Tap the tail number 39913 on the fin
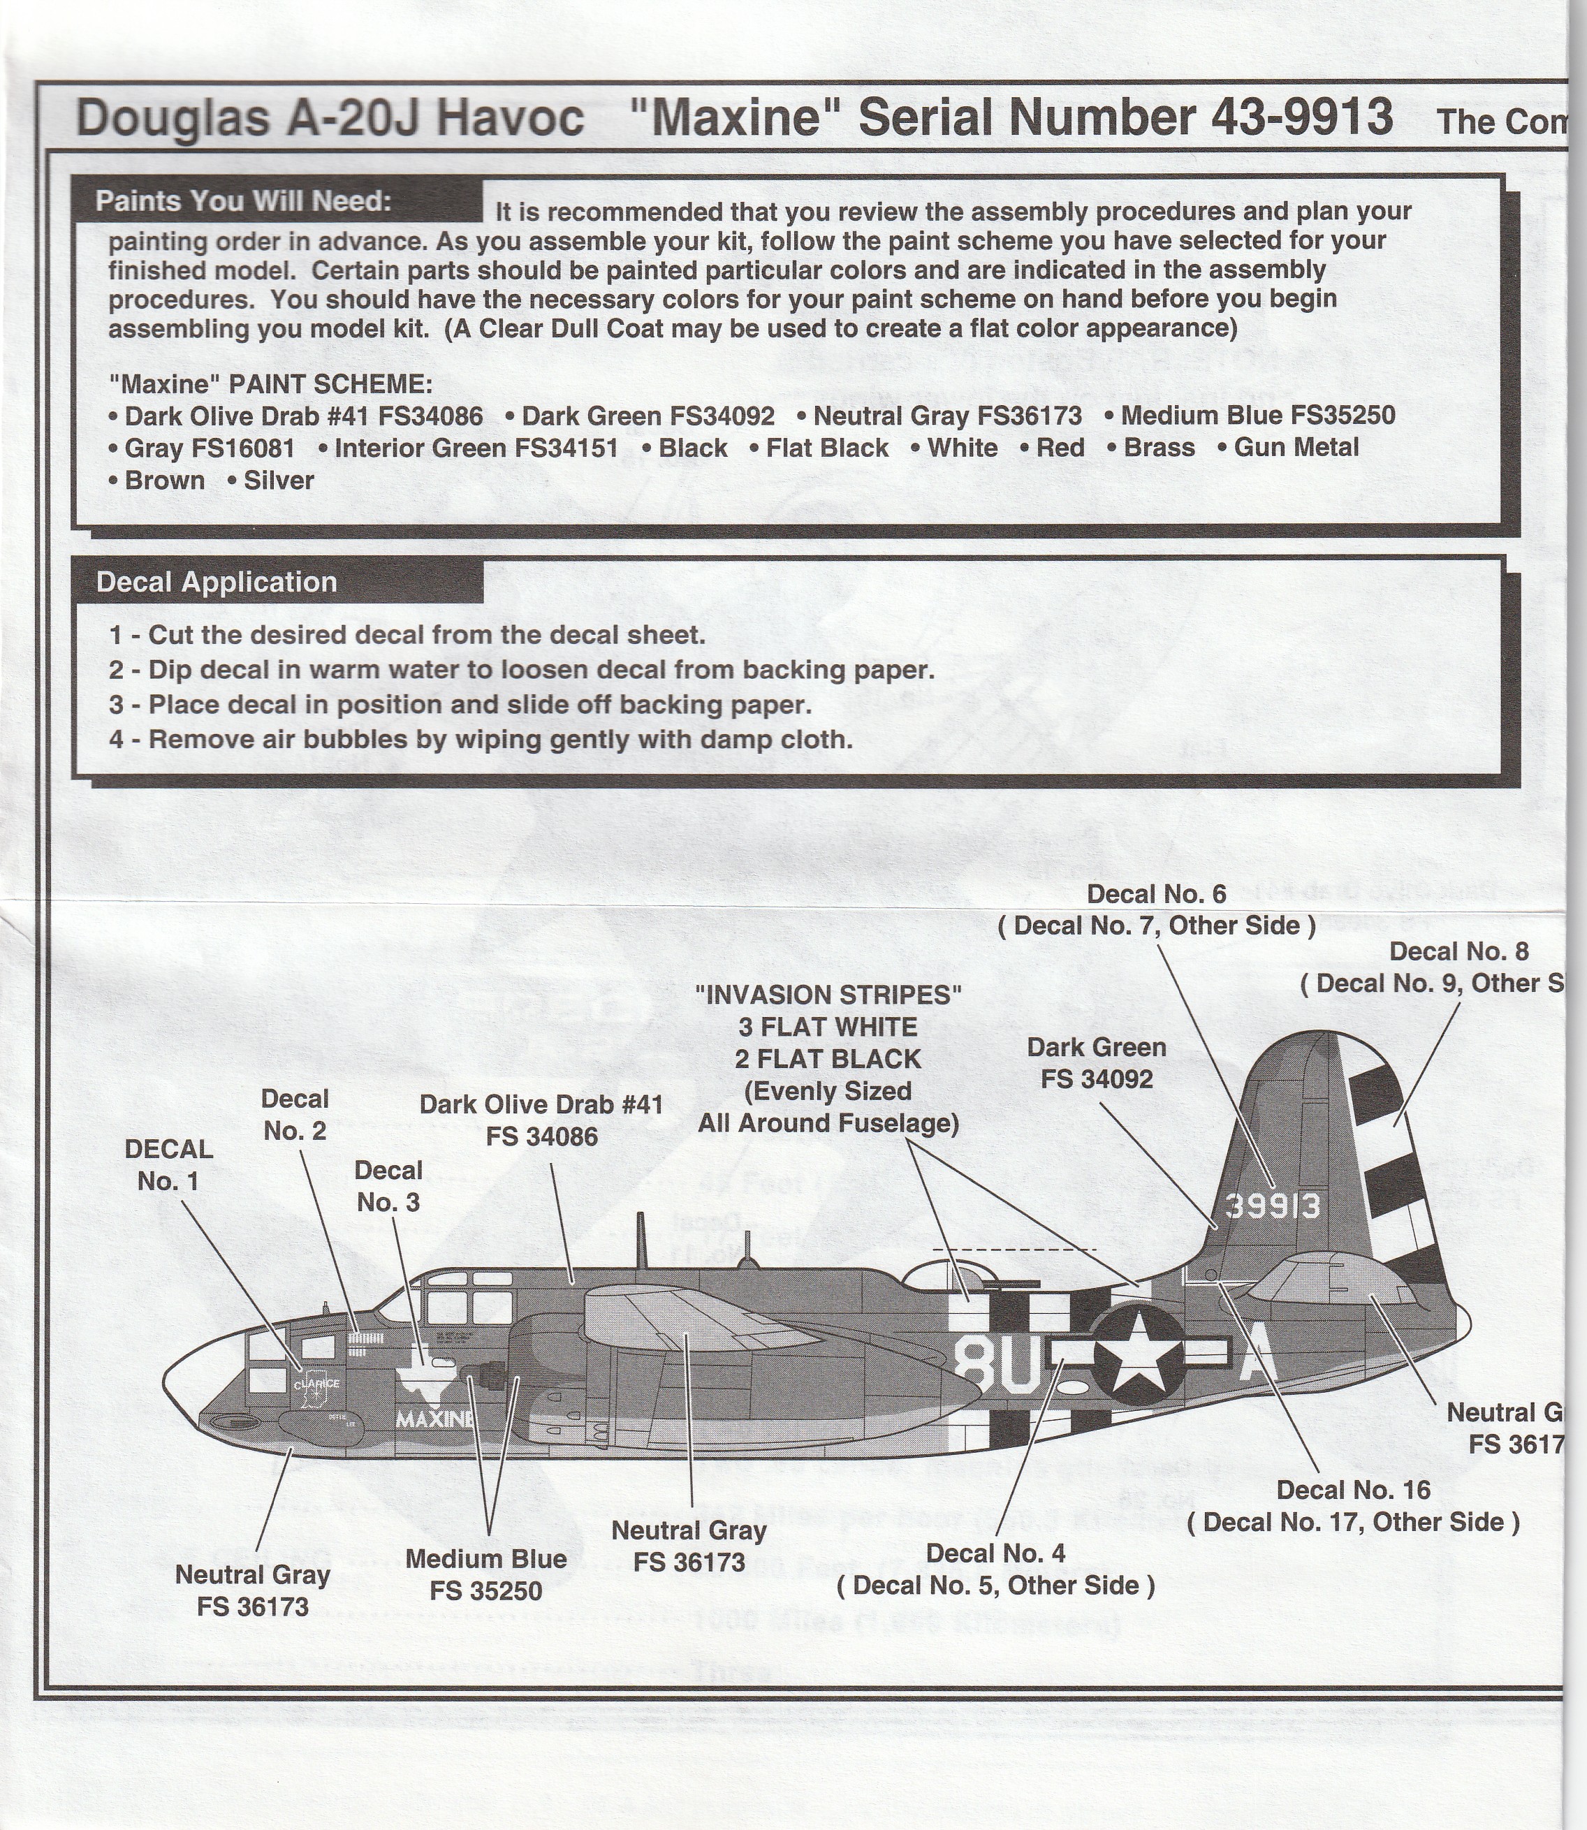pos(1273,1206)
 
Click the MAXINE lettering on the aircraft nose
pos(434,1419)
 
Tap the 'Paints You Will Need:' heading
pos(244,201)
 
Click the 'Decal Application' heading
pos(217,582)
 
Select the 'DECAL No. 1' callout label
pos(169,1165)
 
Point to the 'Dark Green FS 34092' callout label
pos(1097,1062)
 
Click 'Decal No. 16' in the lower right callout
pos(1353,1490)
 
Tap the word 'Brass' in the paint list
pos(1160,448)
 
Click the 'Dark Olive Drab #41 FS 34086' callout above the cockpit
pos(541,1120)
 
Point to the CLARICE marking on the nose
pos(317,1383)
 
